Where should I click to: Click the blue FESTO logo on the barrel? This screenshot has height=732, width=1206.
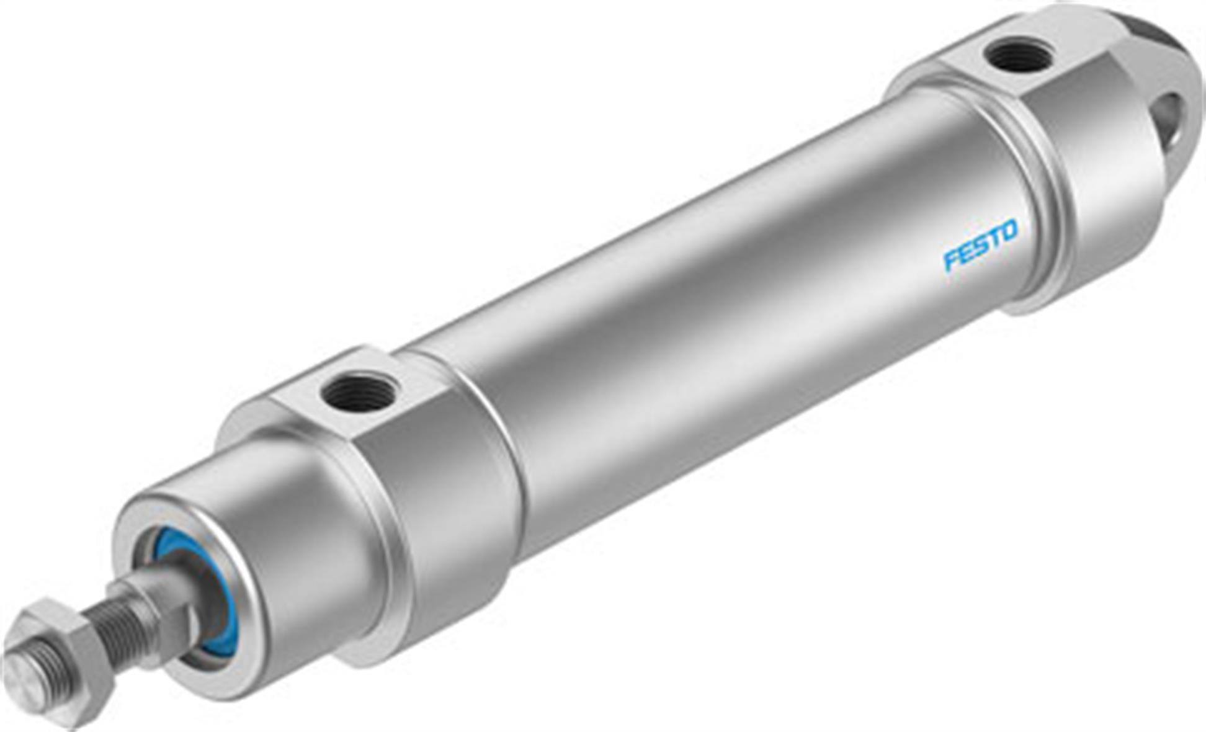(980, 244)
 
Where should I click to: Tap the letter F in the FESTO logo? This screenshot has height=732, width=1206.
(951, 259)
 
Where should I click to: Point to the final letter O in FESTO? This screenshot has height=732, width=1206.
(1009, 231)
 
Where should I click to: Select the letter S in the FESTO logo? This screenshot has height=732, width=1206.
(980, 245)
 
